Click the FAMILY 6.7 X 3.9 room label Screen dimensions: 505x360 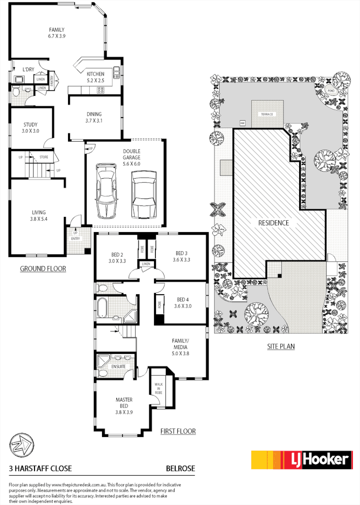tap(56, 33)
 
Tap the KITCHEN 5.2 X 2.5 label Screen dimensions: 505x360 tap(95, 77)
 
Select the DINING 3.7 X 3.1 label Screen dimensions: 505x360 tap(94, 117)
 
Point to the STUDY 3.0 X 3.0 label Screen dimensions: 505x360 tap(31, 128)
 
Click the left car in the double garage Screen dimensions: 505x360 tap(107, 191)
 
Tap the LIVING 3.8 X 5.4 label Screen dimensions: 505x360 tap(38, 215)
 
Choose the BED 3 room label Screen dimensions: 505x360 tap(182, 256)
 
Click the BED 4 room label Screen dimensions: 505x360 tap(183, 302)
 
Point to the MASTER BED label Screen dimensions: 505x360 tap(124, 402)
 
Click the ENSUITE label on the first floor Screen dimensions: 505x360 tap(118, 366)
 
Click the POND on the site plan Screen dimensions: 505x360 tap(331, 90)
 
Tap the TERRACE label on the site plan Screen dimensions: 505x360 tap(267, 114)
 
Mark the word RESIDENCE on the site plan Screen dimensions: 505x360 tap(273, 223)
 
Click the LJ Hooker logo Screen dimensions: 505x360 tap(301, 460)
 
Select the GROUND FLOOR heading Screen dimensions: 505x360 tap(43, 269)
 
